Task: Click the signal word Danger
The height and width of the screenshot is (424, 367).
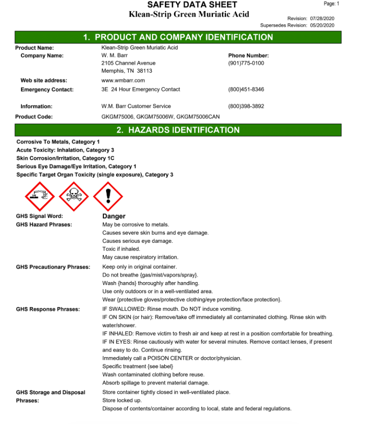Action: (x=114, y=216)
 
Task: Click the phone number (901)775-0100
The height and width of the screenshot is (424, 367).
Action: (x=246, y=63)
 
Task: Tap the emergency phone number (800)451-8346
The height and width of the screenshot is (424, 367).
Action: (x=246, y=90)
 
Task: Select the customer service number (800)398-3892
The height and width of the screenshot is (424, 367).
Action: (x=246, y=106)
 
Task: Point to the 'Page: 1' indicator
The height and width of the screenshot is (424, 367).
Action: (x=331, y=4)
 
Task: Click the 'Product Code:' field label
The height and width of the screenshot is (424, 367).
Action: (x=34, y=117)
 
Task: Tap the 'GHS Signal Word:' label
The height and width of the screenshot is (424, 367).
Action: (x=39, y=216)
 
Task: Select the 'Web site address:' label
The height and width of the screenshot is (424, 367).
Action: (x=44, y=80)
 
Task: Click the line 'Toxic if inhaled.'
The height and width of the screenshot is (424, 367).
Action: (x=121, y=249)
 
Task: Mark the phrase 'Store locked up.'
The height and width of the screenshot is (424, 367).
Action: (x=122, y=401)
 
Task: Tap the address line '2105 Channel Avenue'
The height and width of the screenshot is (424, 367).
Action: (x=128, y=63)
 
